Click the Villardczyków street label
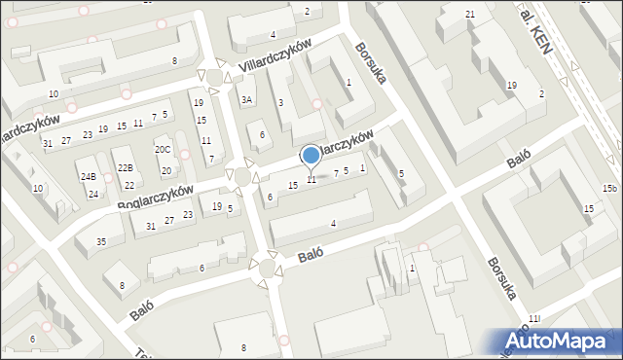point(275,58)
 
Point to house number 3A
point(247,99)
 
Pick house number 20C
point(163,149)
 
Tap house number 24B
point(89,176)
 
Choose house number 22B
point(125,167)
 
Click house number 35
point(101,241)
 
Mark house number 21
point(470,14)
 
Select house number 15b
point(609,188)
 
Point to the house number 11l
point(533,318)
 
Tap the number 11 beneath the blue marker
point(311,180)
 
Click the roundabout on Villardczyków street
point(215,77)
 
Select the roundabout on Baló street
point(265,266)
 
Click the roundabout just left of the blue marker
point(241,176)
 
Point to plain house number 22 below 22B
point(128,185)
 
